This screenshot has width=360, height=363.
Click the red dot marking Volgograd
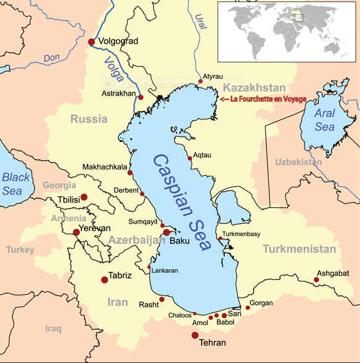click(x=92, y=41)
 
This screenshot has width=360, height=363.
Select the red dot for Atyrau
click(x=200, y=81)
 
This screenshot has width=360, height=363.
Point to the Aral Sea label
click(x=325, y=120)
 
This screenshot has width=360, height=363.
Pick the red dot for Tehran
click(x=195, y=335)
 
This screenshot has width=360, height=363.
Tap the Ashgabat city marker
click(x=316, y=280)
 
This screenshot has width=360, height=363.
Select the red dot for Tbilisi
click(x=84, y=197)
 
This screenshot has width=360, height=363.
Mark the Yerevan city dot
click(x=76, y=232)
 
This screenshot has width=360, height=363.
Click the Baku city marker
click(x=166, y=232)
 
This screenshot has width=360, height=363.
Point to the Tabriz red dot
click(x=104, y=280)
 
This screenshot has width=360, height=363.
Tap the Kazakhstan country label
click(x=254, y=87)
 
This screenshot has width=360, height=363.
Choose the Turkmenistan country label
click(x=300, y=249)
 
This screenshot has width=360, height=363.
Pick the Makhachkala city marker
click(x=130, y=173)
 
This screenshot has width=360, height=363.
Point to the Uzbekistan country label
click(x=298, y=161)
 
